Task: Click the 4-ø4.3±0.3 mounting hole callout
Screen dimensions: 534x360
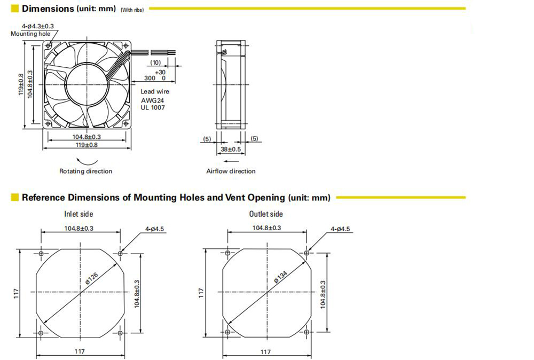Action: (38, 26)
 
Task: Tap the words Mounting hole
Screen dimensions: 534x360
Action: (30, 34)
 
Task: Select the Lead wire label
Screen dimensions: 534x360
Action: (155, 91)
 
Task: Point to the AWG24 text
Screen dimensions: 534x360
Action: (152, 100)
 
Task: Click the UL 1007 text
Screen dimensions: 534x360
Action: (153, 107)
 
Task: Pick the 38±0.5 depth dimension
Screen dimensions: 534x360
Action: (231, 149)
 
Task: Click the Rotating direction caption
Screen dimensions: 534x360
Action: (85, 171)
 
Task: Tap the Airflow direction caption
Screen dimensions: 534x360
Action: (231, 171)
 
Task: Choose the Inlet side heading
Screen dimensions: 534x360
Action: (78, 214)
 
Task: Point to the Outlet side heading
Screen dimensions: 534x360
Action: (266, 214)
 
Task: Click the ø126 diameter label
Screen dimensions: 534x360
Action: (92, 278)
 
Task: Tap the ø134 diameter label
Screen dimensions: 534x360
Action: (281, 277)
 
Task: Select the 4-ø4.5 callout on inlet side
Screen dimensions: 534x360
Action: (155, 229)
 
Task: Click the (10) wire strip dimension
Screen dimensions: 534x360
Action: (155, 62)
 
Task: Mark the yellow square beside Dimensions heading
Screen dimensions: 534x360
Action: (14, 8)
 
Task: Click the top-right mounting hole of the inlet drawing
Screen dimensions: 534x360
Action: (120, 253)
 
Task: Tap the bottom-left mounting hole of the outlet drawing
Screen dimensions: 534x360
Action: (227, 332)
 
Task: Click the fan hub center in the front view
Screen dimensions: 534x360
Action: (87, 84)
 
